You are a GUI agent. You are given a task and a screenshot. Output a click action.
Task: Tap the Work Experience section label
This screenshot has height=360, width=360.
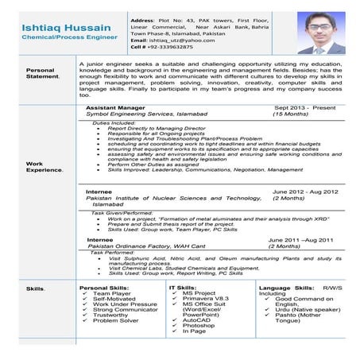tap(45, 168)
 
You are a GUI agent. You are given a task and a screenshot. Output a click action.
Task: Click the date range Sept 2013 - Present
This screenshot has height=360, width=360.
tap(306, 106)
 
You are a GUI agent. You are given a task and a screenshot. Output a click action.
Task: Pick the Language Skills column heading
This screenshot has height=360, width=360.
tap(282, 287)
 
